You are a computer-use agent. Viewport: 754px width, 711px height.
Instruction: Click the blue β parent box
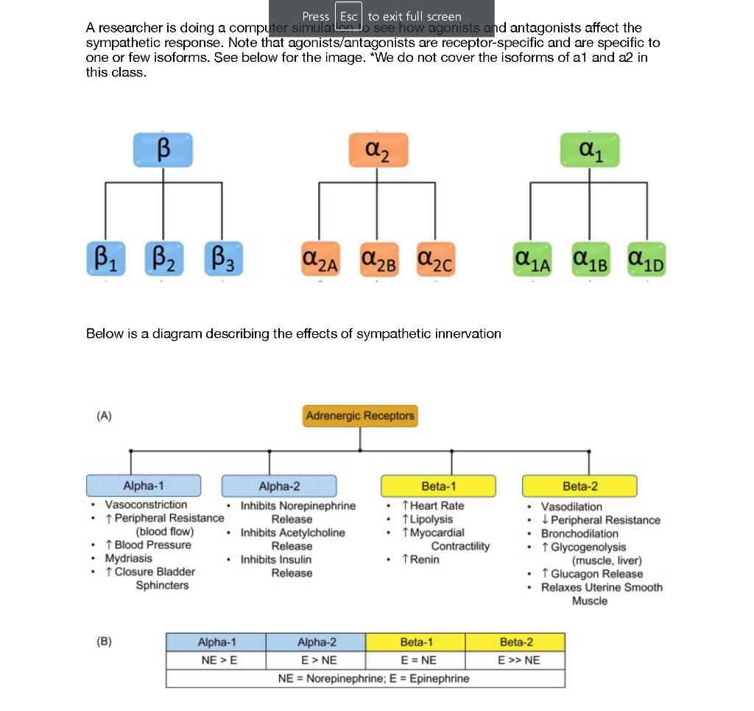[163, 149]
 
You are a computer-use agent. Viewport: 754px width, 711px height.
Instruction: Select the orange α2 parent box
[377, 149]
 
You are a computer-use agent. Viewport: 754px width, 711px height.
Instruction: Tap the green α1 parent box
[590, 149]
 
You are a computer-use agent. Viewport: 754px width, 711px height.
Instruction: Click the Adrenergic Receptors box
[360, 416]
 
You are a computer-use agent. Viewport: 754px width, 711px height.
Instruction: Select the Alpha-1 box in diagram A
[144, 486]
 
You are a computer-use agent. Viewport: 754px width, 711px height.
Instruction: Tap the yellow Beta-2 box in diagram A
[579, 486]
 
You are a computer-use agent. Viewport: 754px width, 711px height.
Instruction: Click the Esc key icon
[348, 16]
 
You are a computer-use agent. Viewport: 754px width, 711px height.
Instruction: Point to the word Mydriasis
[129, 559]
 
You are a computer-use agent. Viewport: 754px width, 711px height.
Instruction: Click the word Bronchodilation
[579, 534]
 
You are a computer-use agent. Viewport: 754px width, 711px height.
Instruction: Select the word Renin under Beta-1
[424, 559]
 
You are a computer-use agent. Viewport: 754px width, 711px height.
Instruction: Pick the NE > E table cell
[216, 659]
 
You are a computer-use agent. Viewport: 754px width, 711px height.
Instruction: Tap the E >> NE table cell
[515, 659]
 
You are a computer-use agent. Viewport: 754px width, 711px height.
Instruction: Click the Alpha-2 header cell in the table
[316, 643]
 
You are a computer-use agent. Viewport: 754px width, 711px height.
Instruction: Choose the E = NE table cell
[416, 659]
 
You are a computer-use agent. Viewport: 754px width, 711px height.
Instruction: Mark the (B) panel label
[105, 640]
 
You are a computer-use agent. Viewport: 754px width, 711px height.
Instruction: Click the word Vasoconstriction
[146, 505]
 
